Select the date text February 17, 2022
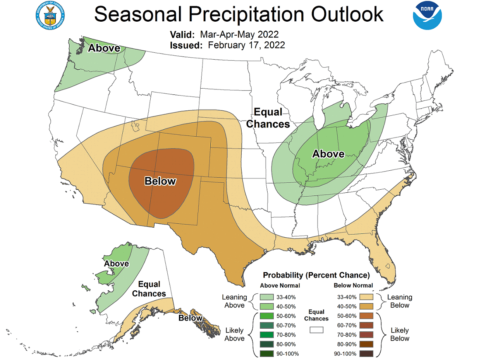point(246,45)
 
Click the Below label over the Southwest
point(160,181)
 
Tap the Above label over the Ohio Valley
point(328,154)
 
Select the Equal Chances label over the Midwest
point(268,118)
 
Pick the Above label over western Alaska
point(116,264)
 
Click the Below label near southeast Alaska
point(190,318)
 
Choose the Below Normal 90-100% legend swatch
point(366,353)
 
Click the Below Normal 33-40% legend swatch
point(366,297)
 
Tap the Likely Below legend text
point(400,334)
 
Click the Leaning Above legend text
point(234,301)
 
